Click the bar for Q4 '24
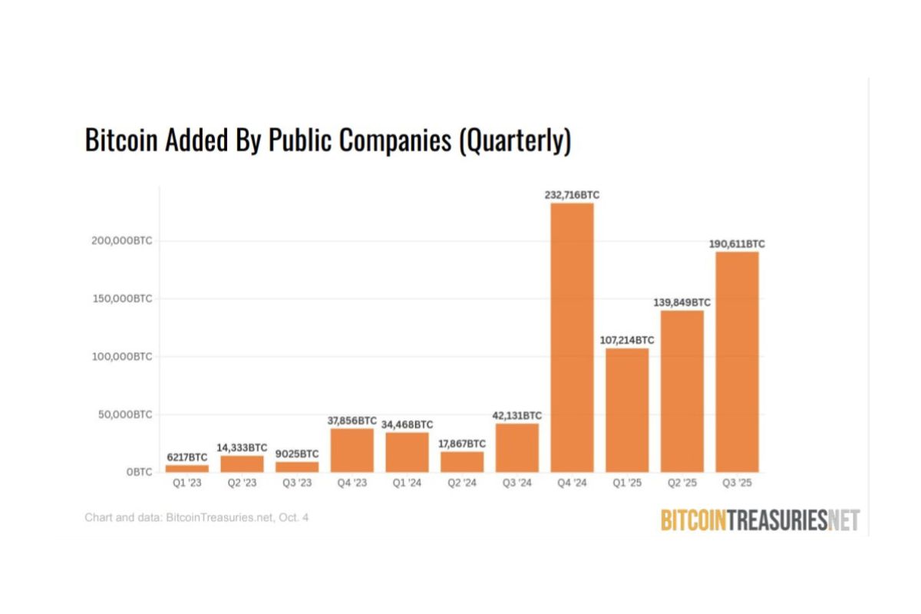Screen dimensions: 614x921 (x=572, y=338)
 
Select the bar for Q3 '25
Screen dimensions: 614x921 (x=737, y=361)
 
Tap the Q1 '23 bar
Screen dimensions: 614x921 (x=187, y=468)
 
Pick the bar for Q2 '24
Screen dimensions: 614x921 (x=462, y=461)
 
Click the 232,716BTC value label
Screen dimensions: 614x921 (x=572, y=196)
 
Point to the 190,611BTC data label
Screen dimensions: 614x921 (x=737, y=244)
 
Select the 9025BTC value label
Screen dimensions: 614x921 (x=297, y=454)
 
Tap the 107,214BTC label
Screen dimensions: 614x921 (x=627, y=340)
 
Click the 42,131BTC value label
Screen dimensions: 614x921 (x=517, y=415)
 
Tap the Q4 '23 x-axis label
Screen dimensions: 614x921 (x=352, y=484)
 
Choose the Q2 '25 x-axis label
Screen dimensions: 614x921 (x=682, y=484)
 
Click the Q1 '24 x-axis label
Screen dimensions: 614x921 (x=407, y=484)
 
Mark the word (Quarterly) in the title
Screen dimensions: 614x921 (x=514, y=142)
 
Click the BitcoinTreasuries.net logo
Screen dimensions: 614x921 (x=760, y=520)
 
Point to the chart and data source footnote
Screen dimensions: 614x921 (x=196, y=518)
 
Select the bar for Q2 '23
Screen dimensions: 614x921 (x=242, y=464)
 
